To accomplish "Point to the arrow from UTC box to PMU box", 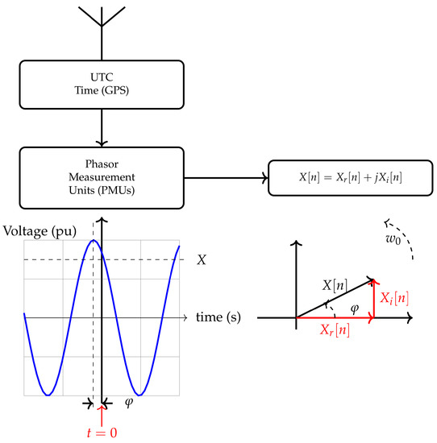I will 102,124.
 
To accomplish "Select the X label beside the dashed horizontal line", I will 202,259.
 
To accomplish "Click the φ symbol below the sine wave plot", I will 128,401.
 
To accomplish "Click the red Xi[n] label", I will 395,298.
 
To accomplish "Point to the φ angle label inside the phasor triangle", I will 352,307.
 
